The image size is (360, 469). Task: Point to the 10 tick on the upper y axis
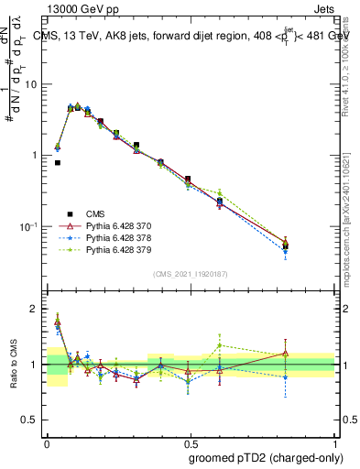coord(34,84)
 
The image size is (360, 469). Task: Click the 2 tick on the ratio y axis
coord(37,310)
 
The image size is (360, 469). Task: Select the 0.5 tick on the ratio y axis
coord(33,420)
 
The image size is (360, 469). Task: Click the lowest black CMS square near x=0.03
coord(58,163)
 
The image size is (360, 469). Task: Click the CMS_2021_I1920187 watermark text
coord(191,274)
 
